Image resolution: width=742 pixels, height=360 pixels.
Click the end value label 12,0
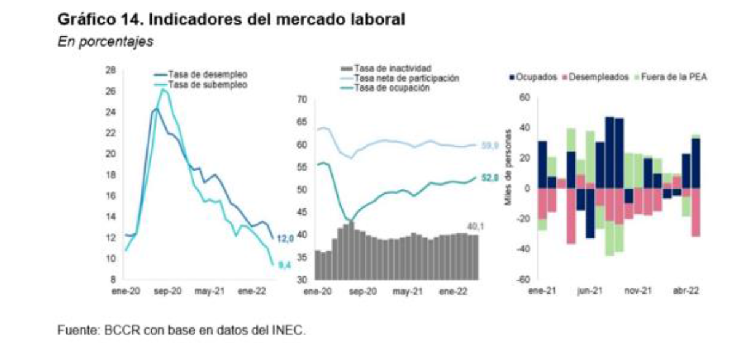(x=285, y=238)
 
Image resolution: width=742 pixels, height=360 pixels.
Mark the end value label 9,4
(x=285, y=265)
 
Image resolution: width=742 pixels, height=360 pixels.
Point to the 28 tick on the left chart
(x=111, y=70)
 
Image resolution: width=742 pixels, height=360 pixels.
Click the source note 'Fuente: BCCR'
(x=181, y=331)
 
